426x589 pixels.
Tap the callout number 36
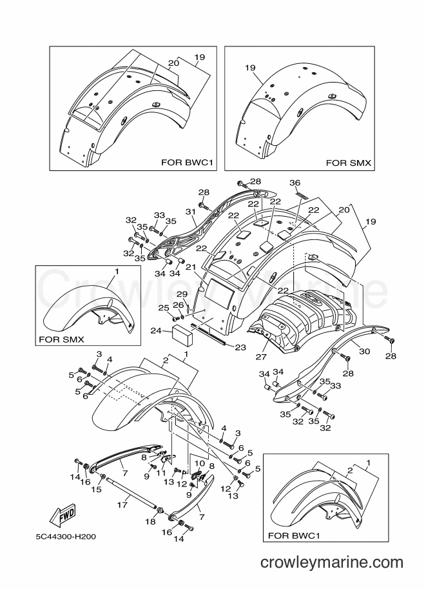[x=295, y=183]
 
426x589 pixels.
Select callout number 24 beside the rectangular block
[x=157, y=331]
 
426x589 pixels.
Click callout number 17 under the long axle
[x=122, y=505]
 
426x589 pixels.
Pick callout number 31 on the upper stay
[x=191, y=212]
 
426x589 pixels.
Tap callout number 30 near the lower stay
[x=364, y=351]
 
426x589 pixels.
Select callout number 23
[x=240, y=348]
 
